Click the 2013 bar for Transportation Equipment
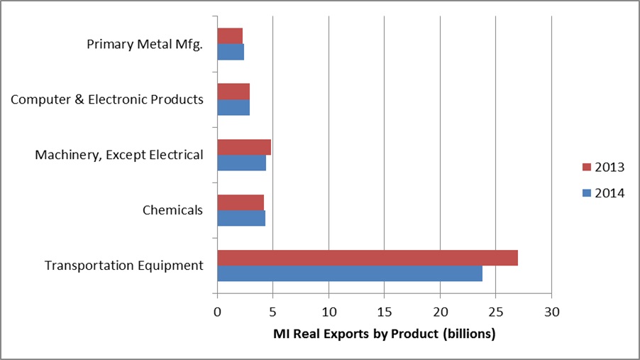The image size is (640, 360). [367, 258]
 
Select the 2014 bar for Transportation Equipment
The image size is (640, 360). [349, 273]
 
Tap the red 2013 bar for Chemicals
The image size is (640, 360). [241, 202]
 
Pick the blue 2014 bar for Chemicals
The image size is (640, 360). [241, 218]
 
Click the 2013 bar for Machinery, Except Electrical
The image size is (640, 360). [244, 147]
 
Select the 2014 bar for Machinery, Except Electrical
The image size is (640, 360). [241, 163]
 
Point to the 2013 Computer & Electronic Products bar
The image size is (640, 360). [233, 92]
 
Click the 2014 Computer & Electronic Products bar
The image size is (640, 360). [233, 107]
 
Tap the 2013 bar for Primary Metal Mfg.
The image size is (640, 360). [230, 36]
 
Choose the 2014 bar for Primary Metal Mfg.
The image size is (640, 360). [231, 52]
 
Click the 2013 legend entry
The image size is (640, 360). [602, 168]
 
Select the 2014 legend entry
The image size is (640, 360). [602, 192]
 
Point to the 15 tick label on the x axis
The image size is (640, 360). [384, 312]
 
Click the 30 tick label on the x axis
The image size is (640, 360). [551, 312]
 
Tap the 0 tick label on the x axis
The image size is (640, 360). [217, 312]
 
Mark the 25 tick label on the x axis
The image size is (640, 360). [495, 312]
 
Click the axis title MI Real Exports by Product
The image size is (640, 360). [384, 333]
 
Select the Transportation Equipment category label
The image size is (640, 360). [124, 266]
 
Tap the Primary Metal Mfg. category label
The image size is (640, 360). [145, 44]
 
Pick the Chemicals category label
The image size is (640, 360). [172, 210]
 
